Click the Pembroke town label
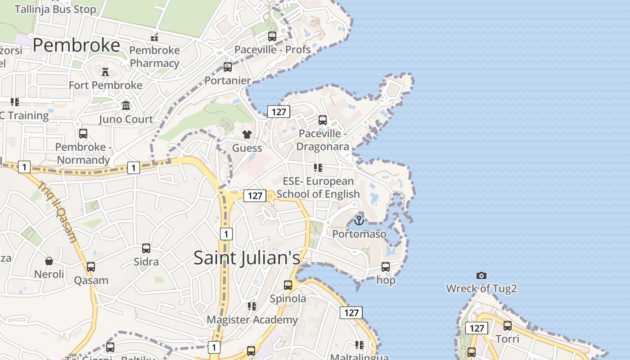pos(76,45)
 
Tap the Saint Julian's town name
pos(247,258)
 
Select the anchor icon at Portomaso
pos(359,220)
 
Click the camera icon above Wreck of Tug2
pos(481,275)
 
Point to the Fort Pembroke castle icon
pos(105,72)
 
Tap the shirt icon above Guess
pos(247,134)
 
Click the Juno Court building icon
pos(126,106)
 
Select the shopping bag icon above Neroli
pos(49,261)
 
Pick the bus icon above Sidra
pos(146,248)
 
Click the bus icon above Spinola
pos(288,285)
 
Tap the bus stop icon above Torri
pos(508,326)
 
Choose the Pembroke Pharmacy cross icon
pos(154,36)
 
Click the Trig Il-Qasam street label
pos(58,211)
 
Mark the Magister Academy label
pos(252,319)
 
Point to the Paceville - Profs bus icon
pos(272,36)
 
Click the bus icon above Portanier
pos(228,67)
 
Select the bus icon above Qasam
pos(91,267)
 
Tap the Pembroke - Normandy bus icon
pos(83,134)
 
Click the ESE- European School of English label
pos(318,187)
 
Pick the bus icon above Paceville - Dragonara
pos(323,120)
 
